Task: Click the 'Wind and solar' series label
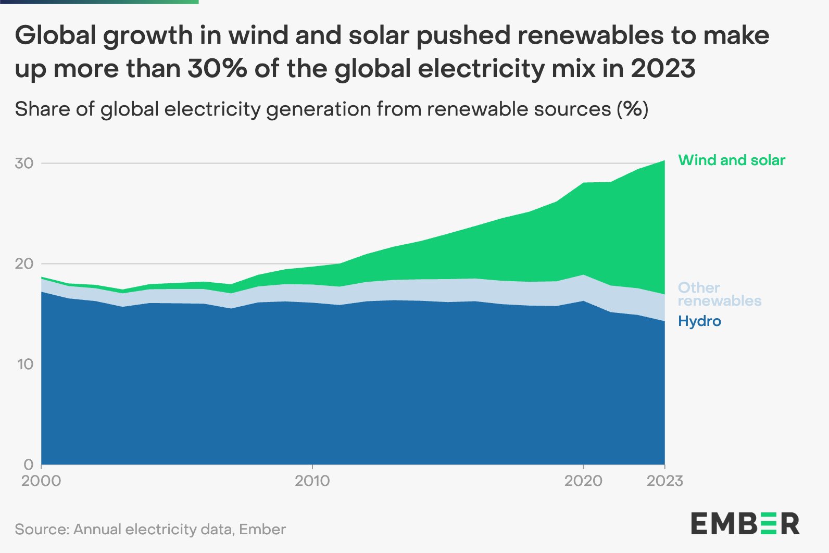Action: (731, 160)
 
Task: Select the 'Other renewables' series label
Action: (719, 294)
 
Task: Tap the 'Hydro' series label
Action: (699, 321)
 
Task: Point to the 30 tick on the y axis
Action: (24, 163)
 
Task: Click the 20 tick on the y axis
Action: (24, 263)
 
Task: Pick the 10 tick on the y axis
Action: (24, 364)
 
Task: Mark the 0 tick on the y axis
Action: (29, 464)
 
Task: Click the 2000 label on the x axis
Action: (41, 481)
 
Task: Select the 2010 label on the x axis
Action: (312, 481)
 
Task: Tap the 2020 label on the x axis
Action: (583, 481)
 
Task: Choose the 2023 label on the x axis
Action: (664, 481)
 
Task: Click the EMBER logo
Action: (745, 524)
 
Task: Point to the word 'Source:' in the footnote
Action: (42, 530)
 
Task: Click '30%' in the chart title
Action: (217, 69)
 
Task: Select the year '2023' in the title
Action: (663, 69)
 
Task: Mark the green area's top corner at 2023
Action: (664, 160)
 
